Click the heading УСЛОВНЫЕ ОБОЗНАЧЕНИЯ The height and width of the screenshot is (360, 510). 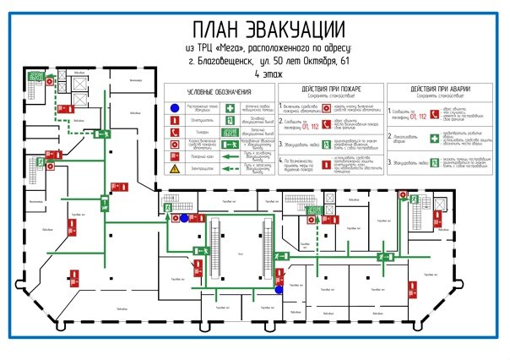[x=219, y=91]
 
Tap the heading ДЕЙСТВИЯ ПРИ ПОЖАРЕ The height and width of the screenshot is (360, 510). [x=330, y=88]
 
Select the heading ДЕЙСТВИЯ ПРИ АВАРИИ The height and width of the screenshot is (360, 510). [x=439, y=88]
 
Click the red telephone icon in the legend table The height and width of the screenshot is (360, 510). [x=172, y=133]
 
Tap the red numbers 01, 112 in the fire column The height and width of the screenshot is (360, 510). [x=314, y=127]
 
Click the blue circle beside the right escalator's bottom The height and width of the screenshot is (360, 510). [x=279, y=290]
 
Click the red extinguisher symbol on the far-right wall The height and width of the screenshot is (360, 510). [x=413, y=290]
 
